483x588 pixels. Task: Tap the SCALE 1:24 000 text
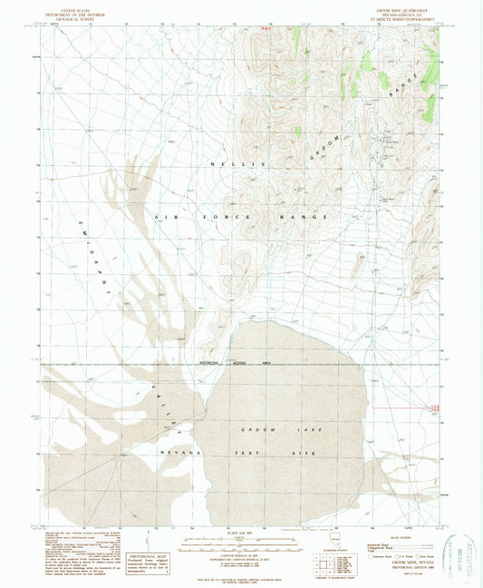pos(240,531)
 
